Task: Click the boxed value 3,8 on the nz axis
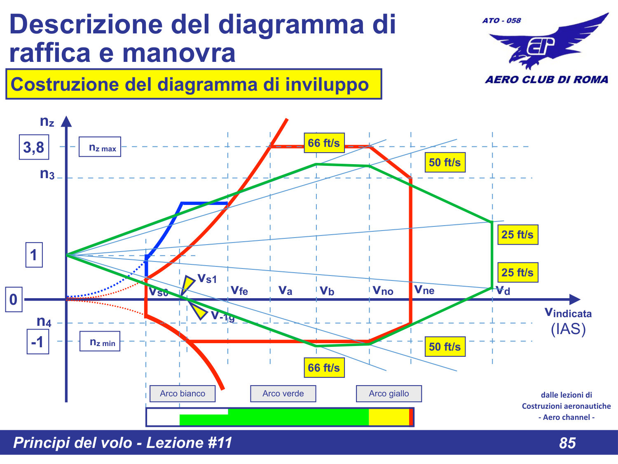coord(34,147)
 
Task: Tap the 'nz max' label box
coord(100,147)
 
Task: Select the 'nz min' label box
coord(100,342)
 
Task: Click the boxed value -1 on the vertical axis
coord(38,342)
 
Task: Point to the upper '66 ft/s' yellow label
coord(324,143)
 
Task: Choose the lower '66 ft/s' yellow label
coord(324,367)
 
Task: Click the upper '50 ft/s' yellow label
coord(445,163)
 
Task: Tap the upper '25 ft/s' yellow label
coord(517,235)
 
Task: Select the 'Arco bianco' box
coord(183,393)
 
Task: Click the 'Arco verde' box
coord(283,393)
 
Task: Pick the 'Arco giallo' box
coord(389,393)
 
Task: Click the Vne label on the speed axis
coord(424,290)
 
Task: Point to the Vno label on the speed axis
coord(383,291)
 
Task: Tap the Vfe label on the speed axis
coord(239,291)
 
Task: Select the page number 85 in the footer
coord(567,443)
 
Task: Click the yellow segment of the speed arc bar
coord(389,417)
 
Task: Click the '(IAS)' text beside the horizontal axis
coord(568,329)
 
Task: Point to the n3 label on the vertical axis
coord(47,174)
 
